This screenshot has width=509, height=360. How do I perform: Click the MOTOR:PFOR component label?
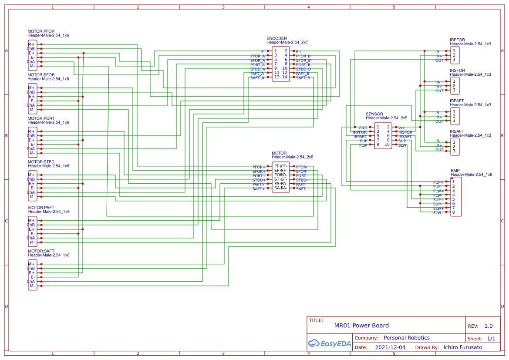41,31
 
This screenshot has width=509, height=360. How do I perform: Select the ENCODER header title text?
276,38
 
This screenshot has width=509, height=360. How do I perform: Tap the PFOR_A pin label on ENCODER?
257,56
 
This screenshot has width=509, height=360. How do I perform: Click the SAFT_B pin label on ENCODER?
303,78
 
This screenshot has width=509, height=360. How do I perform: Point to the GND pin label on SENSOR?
363,128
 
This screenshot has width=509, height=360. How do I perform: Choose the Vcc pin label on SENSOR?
401,128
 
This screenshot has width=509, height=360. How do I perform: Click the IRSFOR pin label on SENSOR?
405,132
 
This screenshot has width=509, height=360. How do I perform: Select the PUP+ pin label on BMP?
438,182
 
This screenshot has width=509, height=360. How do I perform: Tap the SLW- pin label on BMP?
438,213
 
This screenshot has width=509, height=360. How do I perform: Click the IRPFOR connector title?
457,40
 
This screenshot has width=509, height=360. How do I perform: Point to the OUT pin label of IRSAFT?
439,150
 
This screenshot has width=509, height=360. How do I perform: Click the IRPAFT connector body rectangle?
455,116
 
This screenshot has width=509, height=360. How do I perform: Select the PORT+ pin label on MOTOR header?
259,176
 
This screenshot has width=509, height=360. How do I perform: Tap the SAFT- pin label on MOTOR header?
302,189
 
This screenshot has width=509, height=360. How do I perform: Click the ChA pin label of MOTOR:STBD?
30,192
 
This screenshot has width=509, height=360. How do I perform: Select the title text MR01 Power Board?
361,326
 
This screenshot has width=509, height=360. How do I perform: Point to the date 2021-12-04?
390,347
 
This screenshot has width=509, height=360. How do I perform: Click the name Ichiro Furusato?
462,347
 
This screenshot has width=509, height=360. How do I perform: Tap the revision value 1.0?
489,326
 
